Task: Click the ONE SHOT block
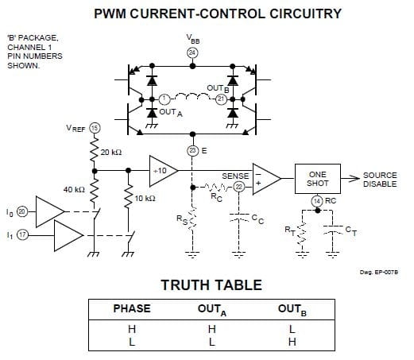pyautogui.click(x=318, y=179)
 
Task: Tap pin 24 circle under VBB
pyautogui.click(x=192, y=52)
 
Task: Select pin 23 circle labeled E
pyautogui.click(x=192, y=151)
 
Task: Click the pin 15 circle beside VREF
pyautogui.click(x=95, y=128)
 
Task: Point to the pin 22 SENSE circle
pyautogui.click(x=239, y=187)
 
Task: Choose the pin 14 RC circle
pyautogui.click(x=317, y=201)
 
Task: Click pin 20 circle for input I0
pyautogui.click(x=22, y=211)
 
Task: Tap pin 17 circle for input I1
pyautogui.click(x=22, y=234)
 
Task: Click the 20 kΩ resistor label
pyautogui.click(x=111, y=153)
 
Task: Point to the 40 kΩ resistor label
pyautogui.click(x=74, y=189)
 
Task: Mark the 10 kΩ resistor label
pyautogui.click(x=145, y=198)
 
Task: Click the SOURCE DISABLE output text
pyautogui.click(x=380, y=180)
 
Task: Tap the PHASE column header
pyautogui.click(x=132, y=308)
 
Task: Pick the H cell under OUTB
pyautogui.click(x=292, y=342)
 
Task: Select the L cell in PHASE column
pyautogui.click(x=132, y=342)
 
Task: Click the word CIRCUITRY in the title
pyautogui.click(x=305, y=14)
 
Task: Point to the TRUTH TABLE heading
pyautogui.click(x=211, y=285)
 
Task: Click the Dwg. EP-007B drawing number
pyautogui.click(x=379, y=272)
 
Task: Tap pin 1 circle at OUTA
pyautogui.click(x=164, y=99)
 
